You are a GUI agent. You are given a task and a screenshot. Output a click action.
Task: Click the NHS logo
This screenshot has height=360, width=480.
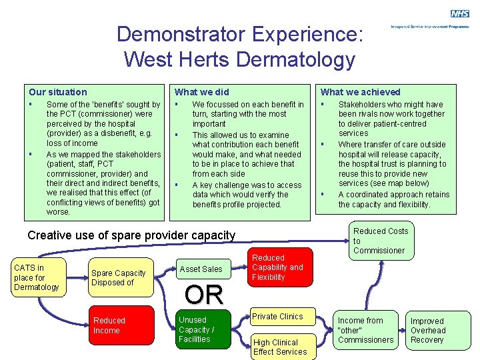(459, 13)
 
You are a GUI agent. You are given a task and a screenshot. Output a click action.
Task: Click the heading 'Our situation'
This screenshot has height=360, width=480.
(58, 92)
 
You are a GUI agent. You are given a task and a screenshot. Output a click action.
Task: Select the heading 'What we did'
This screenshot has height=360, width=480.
(201, 92)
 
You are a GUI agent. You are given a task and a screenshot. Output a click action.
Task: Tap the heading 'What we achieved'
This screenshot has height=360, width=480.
(361, 92)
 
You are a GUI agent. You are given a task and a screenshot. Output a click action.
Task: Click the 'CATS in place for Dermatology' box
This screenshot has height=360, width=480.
(37, 277)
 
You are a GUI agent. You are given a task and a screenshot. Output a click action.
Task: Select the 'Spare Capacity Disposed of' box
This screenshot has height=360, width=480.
(118, 277)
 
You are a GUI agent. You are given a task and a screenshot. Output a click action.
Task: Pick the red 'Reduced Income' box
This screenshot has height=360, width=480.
(119, 325)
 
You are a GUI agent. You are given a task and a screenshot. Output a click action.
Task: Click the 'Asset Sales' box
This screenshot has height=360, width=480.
(201, 269)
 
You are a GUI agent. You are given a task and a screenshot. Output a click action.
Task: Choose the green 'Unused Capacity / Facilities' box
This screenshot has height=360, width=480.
(201, 329)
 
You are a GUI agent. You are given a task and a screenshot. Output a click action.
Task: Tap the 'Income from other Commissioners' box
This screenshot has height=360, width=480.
(366, 330)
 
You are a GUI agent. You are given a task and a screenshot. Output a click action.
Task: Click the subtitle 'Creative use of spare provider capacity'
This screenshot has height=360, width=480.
(131, 235)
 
